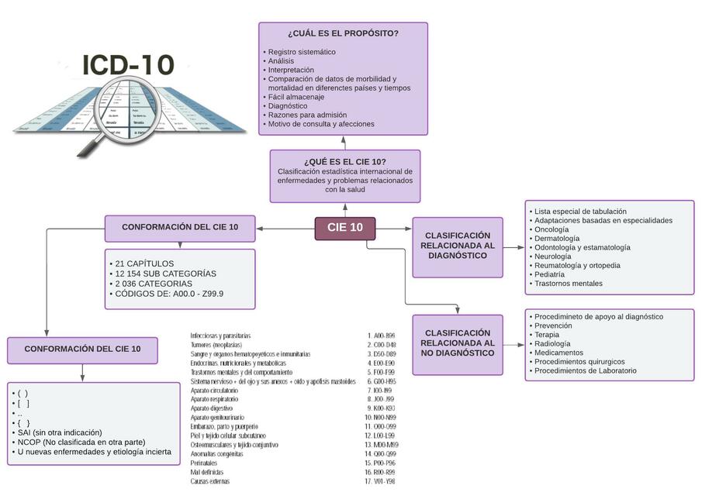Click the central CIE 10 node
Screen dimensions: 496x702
[x=345, y=228]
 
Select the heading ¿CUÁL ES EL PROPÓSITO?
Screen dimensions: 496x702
[x=343, y=33]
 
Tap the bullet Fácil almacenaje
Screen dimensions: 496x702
[x=297, y=97]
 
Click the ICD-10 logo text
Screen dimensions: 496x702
[x=128, y=65]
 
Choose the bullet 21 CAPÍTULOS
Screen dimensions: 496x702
[x=144, y=263]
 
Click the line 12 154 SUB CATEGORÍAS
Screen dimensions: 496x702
[x=165, y=274]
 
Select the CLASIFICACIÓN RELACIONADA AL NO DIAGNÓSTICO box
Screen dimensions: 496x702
[x=457, y=343]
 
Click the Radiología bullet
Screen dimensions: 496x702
[x=552, y=343]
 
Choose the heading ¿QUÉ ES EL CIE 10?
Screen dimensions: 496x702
[x=345, y=161]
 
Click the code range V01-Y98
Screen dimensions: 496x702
[x=383, y=481]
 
